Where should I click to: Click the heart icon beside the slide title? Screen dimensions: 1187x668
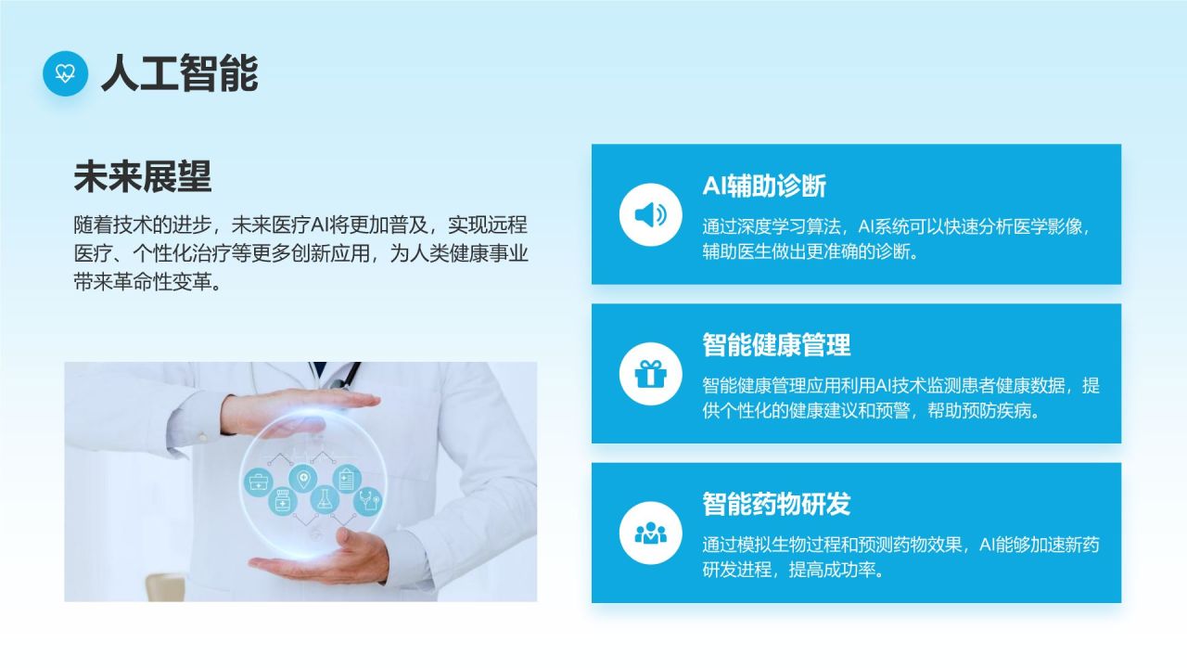point(65,73)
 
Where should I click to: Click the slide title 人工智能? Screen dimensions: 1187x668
point(180,73)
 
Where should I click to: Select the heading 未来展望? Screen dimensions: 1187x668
point(143,176)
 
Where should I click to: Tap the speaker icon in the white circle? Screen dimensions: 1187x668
point(651,214)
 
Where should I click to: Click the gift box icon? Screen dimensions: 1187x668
point(651,374)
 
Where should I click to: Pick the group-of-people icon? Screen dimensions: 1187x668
point(651,533)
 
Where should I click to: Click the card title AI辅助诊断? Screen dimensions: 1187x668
point(764,186)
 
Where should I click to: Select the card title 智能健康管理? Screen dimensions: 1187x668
point(776,345)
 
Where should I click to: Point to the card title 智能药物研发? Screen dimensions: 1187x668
point(776,504)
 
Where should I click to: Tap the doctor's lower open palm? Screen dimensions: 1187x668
point(324,559)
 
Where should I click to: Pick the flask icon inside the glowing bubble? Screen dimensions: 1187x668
point(325,499)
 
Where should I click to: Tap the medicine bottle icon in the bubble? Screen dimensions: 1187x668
point(283,502)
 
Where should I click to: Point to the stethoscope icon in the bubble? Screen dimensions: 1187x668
point(368,501)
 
